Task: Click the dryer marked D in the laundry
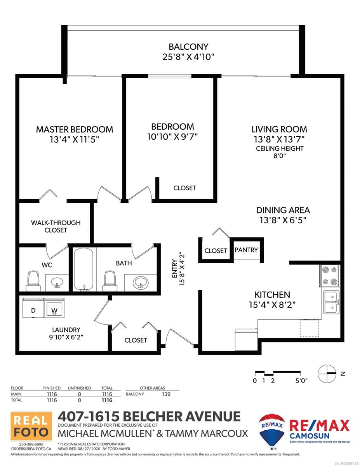[x=33, y=308]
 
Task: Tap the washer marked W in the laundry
[x=54, y=308]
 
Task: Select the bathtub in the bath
[x=83, y=270]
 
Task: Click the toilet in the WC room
[x=33, y=281]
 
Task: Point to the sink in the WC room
[x=57, y=283]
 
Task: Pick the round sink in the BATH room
[x=140, y=283]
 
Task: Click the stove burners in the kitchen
[x=330, y=276]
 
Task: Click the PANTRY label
[x=246, y=250]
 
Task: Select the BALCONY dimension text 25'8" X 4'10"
[x=188, y=57]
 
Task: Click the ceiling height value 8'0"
[x=280, y=156]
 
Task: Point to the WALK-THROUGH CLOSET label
[x=56, y=226]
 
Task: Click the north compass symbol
[x=327, y=374]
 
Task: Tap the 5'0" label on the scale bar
[x=301, y=381]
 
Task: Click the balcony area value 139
[x=166, y=394]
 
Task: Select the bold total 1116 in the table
[x=107, y=400]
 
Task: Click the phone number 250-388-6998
[x=31, y=444]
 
